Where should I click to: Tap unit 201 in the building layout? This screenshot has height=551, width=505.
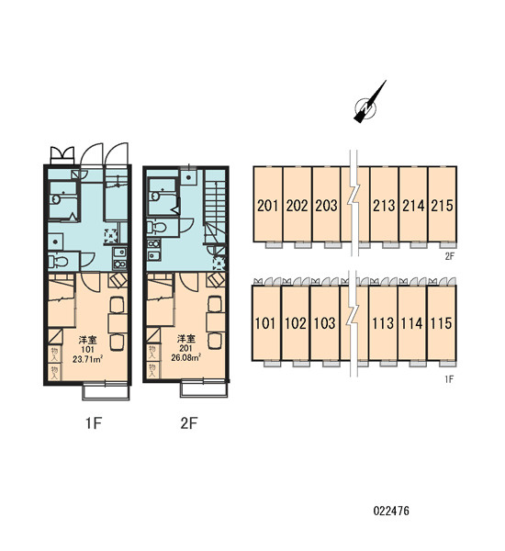[267, 205]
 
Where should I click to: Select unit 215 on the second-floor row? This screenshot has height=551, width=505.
[442, 205]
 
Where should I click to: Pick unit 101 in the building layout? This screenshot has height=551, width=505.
[265, 323]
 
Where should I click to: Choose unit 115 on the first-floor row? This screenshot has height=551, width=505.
[441, 323]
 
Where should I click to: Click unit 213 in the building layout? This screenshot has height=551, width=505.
[384, 205]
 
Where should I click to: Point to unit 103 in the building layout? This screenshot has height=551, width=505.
[325, 323]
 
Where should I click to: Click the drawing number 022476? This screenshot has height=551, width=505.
[391, 511]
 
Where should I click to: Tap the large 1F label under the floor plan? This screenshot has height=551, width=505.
[94, 423]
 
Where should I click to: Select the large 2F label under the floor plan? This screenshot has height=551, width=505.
[189, 423]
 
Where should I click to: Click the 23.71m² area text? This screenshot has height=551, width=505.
[87, 359]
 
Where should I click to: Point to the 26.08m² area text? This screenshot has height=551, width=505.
[185, 358]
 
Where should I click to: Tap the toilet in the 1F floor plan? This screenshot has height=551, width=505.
[59, 262]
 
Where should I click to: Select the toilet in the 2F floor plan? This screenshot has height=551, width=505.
[157, 228]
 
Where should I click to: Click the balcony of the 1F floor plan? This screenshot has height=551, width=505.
[107, 392]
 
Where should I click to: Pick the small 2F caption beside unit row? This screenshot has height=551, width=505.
[450, 256]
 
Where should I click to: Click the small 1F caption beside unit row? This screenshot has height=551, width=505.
[450, 378]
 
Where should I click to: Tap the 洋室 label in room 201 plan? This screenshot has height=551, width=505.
[185, 339]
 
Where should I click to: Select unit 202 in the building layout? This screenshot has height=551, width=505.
[297, 205]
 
